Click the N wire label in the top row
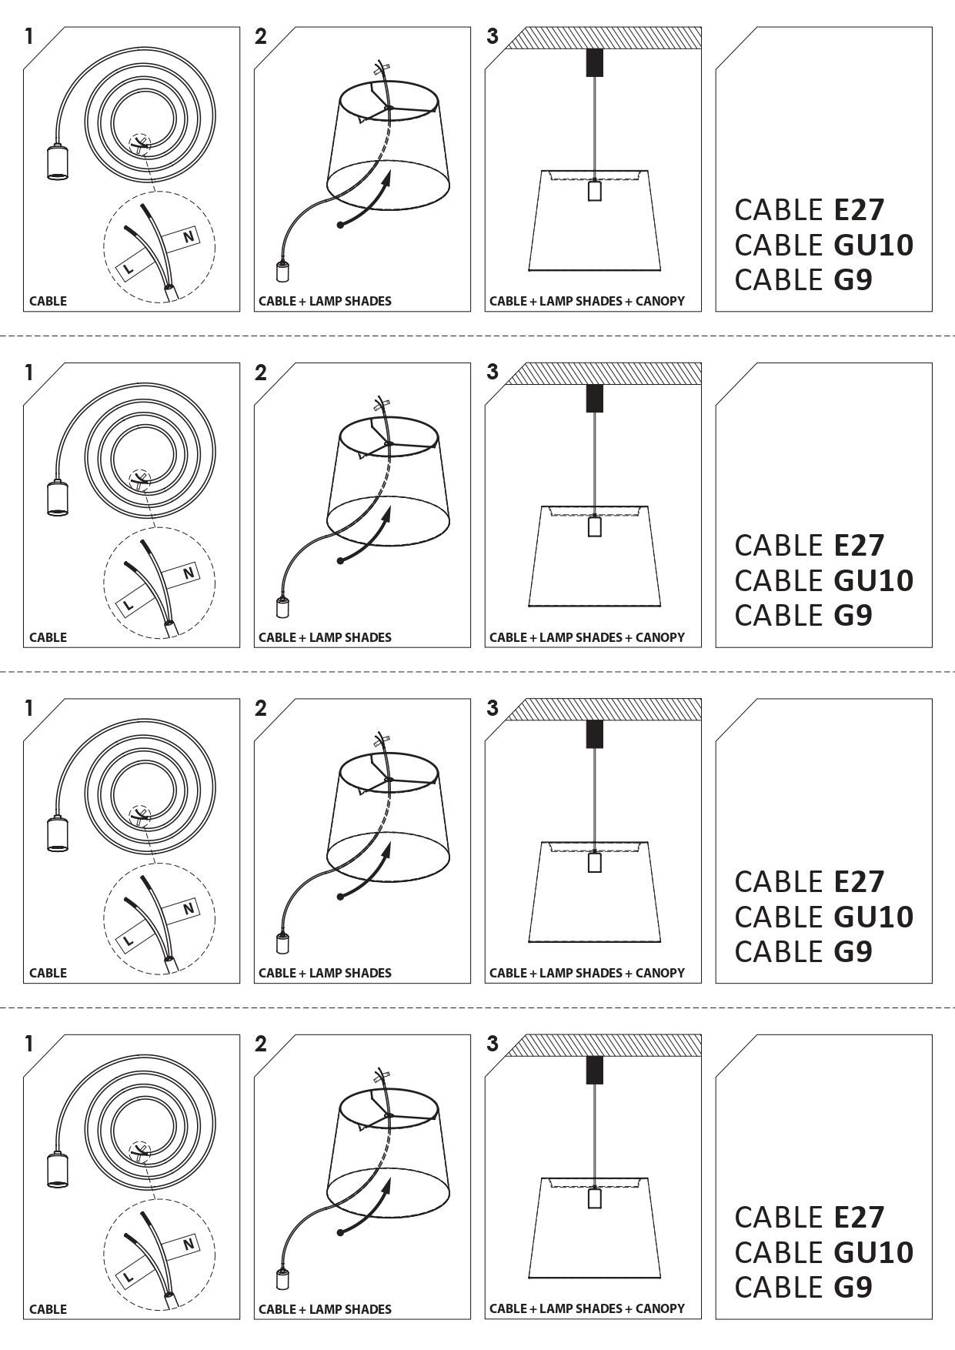click(189, 237)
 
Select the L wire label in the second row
click(129, 605)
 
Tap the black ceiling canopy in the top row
click(594, 63)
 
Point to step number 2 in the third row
click(261, 708)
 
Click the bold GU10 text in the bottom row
click(873, 1252)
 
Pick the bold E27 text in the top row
click(860, 209)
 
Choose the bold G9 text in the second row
click(853, 615)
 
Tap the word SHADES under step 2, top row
click(368, 301)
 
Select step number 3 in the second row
click(493, 373)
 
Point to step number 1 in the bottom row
click(30, 1044)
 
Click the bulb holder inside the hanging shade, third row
click(594, 862)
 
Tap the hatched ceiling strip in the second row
click(603, 373)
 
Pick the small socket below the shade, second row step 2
click(282, 607)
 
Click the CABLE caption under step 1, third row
click(48, 973)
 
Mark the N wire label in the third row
click(189, 909)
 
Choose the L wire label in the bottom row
click(129, 1277)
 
